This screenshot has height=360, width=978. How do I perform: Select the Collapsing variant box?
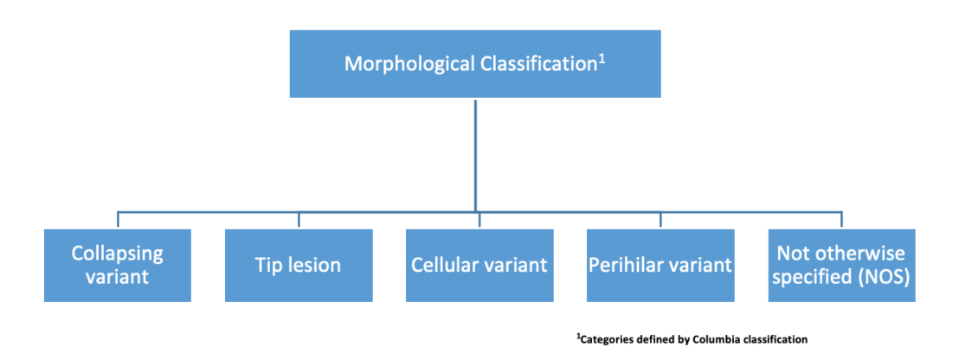[118, 265]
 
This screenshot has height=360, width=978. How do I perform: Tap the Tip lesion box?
[299, 265]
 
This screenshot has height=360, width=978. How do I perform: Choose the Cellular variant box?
[479, 265]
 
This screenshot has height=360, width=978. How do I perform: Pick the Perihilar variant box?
[660, 265]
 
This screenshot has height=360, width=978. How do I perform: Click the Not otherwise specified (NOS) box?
[841, 265]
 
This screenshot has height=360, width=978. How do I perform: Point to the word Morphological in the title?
[409, 64]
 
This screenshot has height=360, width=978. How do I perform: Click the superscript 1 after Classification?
[600, 57]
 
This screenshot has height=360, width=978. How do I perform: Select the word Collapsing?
[118, 254]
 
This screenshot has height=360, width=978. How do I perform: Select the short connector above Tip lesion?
[299, 220]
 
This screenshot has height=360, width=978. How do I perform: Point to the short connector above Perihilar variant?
[660, 220]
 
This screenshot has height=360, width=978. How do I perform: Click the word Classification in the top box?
[536, 64]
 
